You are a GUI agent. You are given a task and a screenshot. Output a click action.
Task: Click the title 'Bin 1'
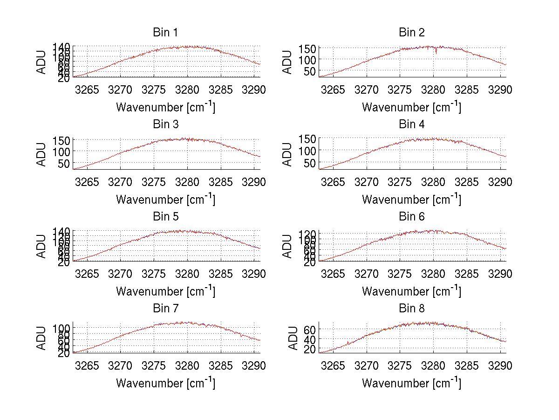(x=165, y=33)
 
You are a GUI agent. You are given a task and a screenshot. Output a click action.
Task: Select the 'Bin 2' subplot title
(x=411, y=33)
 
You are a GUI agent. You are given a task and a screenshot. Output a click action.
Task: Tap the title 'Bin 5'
(x=165, y=217)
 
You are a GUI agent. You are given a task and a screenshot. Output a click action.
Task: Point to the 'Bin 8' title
(x=411, y=309)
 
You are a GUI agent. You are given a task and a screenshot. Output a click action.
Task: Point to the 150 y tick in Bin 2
(x=311, y=48)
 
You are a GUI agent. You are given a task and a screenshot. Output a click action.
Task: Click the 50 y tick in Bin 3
(x=65, y=163)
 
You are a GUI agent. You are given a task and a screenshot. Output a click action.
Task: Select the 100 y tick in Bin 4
(x=311, y=151)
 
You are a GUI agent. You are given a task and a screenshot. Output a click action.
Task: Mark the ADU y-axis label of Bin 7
(x=42, y=338)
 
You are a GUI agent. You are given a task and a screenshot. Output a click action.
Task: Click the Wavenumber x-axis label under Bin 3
(x=165, y=199)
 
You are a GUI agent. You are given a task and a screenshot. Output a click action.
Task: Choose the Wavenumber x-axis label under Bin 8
(x=411, y=383)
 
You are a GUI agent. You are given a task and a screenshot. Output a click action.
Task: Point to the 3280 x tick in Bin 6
(x=433, y=274)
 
